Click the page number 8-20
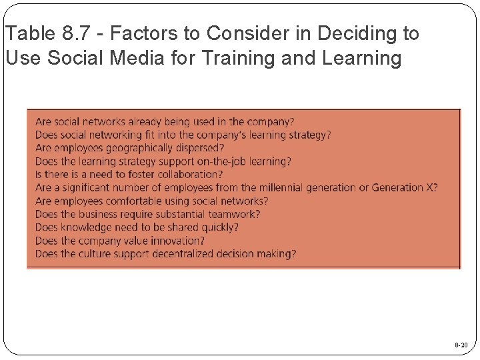[461, 345]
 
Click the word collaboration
[188, 175]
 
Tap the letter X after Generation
[431, 187]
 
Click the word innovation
[179, 240]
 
